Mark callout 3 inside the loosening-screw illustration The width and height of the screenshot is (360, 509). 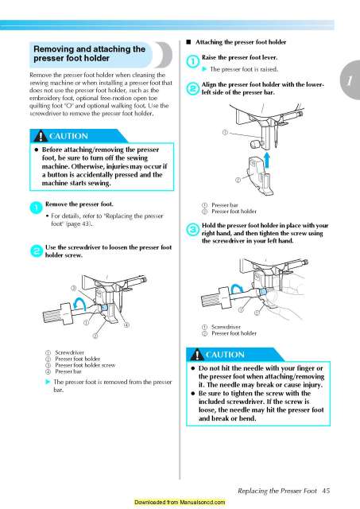coord(73,286)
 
